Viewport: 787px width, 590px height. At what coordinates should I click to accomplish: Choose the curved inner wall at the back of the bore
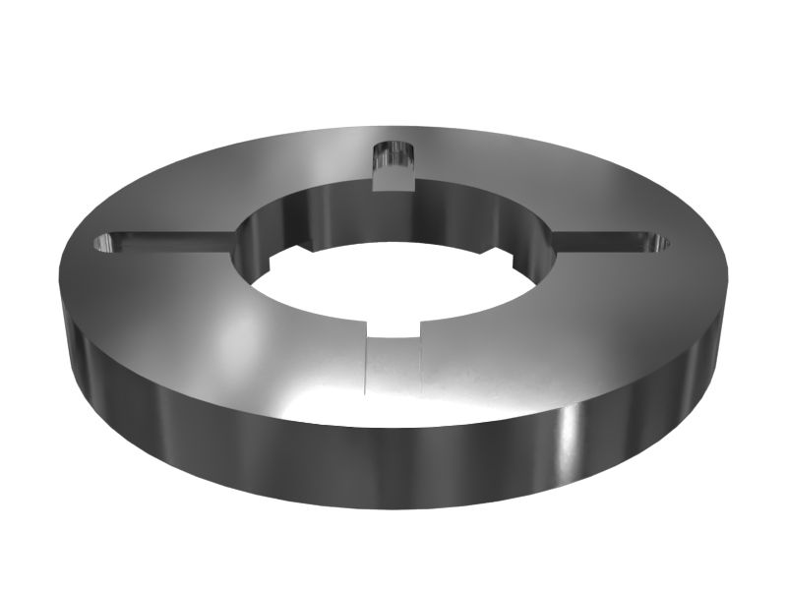pos(325,211)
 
